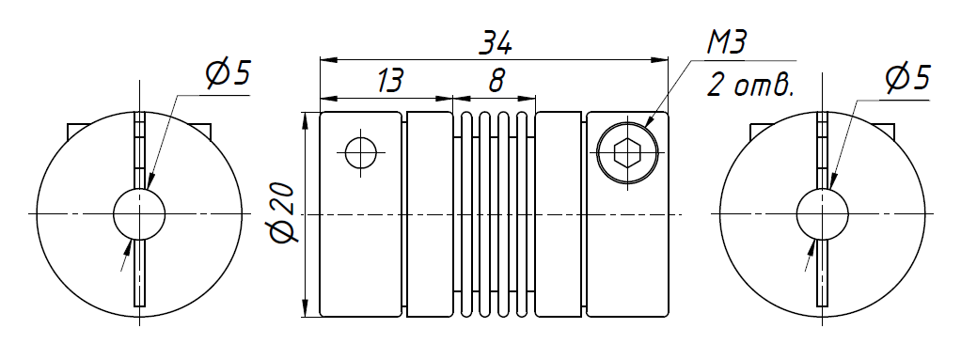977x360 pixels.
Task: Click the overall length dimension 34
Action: [496, 43]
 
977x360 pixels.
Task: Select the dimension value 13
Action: [390, 81]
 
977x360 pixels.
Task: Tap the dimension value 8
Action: [496, 81]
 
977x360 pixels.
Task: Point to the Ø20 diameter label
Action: [283, 213]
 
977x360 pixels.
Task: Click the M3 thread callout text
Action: [727, 42]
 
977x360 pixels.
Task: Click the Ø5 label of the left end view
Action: [228, 74]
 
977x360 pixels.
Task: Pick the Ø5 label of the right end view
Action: [907, 78]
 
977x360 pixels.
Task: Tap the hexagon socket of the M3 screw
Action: [627, 152]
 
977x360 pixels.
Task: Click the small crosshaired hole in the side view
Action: [361, 152]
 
